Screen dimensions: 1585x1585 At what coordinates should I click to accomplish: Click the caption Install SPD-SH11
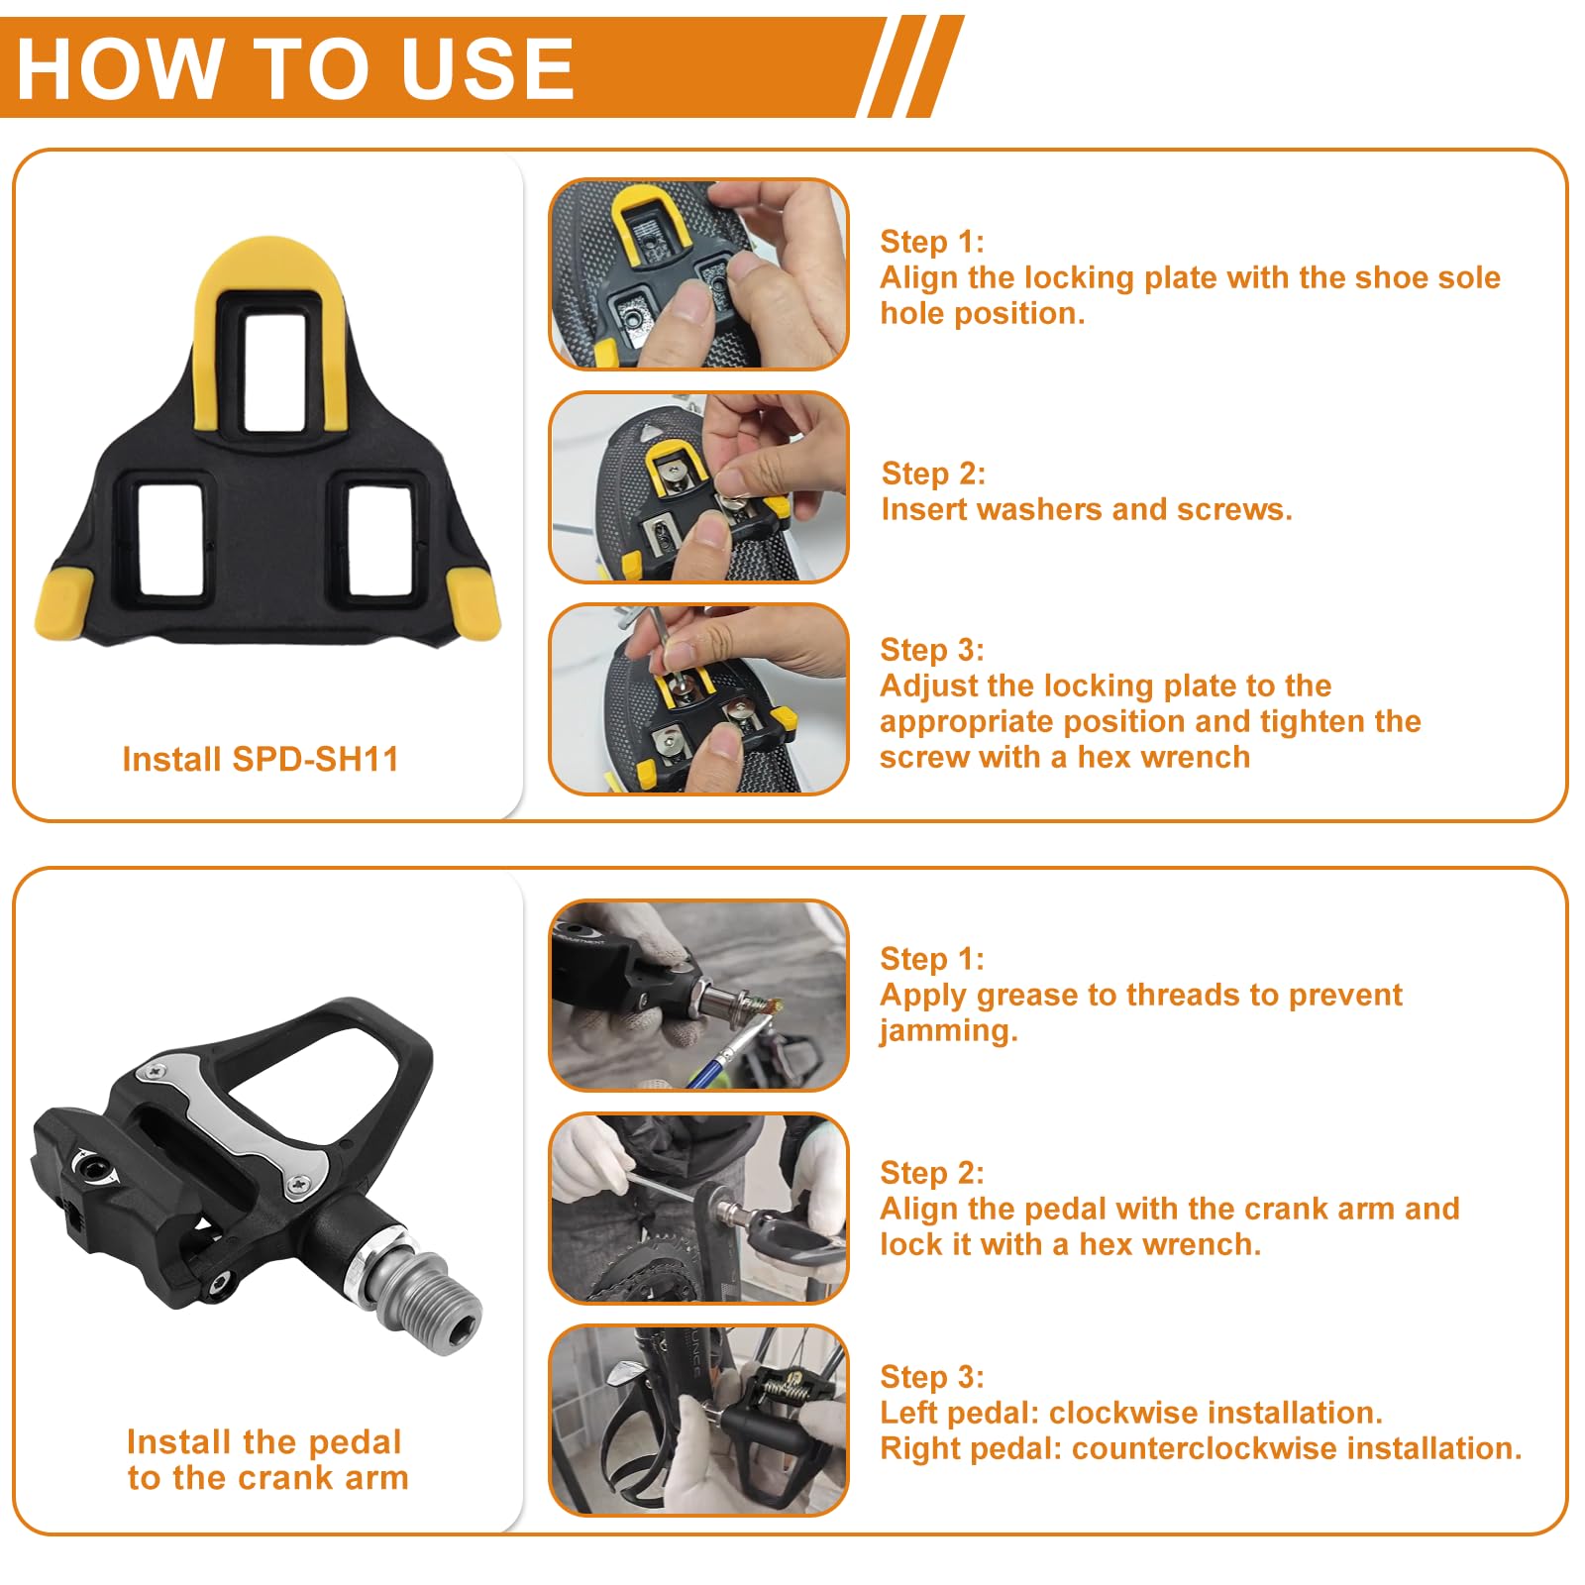click(261, 759)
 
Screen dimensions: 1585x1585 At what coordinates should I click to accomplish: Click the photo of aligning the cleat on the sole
click(698, 274)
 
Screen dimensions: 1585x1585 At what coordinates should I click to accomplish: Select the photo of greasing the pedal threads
click(698, 995)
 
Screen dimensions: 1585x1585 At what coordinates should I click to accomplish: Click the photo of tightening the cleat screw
click(698, 698)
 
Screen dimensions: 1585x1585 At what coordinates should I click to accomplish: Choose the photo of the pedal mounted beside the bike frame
click(698, 1420)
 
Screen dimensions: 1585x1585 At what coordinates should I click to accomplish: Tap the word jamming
click(948, 1032)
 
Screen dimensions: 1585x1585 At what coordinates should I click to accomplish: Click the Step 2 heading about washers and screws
click(933, 474)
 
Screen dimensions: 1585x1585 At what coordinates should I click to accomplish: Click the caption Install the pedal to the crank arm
click(267, 1459)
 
